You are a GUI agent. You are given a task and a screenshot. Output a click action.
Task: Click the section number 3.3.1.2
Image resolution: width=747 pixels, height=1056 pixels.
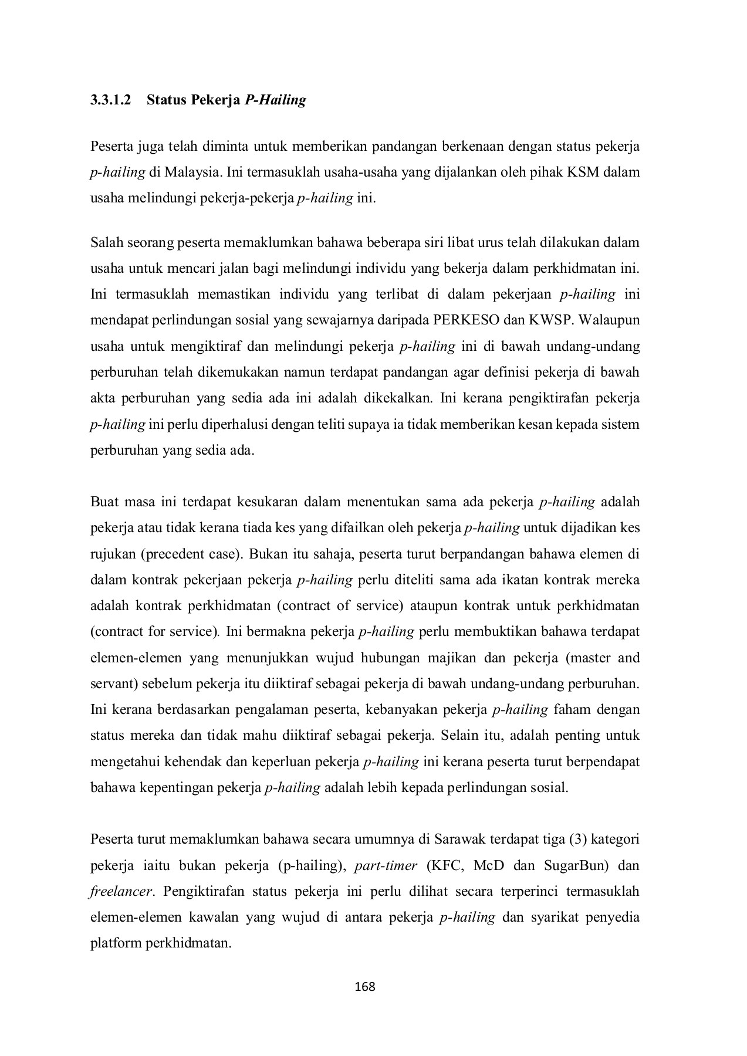[110, 100]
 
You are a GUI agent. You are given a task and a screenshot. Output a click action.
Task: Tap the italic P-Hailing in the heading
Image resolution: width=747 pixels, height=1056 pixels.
[275, 100]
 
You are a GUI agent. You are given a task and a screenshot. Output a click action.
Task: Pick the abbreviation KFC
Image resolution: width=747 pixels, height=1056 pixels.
[442, 865]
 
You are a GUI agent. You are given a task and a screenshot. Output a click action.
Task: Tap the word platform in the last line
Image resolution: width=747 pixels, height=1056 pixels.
[116, 943]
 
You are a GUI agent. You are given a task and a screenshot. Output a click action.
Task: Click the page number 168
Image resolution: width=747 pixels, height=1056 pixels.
[365, 987]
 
